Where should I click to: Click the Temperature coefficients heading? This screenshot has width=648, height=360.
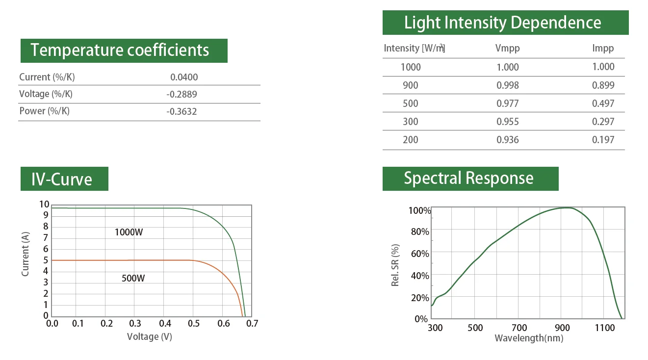point(120,51)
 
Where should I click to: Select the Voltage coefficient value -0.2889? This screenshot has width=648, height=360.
point(181,94)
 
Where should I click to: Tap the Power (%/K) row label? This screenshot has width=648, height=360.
point(44,111)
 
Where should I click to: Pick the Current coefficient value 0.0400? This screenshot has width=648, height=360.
point(184,77)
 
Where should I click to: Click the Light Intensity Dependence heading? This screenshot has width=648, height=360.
point(502,23)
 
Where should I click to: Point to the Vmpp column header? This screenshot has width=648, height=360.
point(507,48)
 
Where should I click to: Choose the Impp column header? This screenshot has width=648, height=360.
point(603,48)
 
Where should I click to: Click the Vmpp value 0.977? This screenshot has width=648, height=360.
point(507,103)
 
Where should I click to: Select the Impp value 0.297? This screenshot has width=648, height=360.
point(603,122)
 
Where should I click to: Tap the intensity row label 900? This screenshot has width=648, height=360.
point(410,85)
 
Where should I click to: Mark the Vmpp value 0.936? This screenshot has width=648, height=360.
point(507,140)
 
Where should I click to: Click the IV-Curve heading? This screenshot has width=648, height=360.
point(62,179)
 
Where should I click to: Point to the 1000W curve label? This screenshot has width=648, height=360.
point(129,232)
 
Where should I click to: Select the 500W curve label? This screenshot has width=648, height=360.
point(133,279)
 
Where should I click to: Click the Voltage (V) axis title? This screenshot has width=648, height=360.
point(149,336)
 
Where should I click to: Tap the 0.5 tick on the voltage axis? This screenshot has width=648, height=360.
point(193,324)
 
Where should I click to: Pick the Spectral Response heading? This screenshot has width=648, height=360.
point(468,178)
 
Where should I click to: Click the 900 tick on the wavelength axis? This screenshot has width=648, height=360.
point(562,328)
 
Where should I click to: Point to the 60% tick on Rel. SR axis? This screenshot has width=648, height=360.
point(419,254)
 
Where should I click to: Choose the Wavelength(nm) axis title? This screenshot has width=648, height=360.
point(529,338)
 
